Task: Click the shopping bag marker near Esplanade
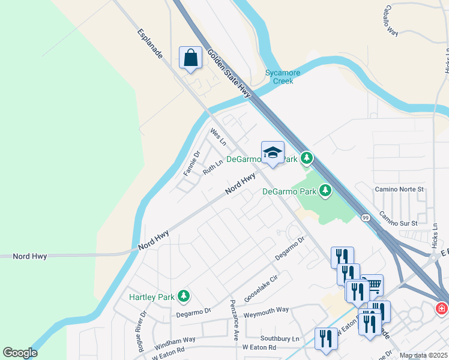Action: coord(190,59)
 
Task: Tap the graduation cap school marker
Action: coord(273,152)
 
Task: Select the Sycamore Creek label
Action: coord(283,77)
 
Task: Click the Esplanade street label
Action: coord(150,44)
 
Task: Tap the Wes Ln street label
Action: coord(218,137)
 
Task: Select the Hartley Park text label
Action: coord(151,297)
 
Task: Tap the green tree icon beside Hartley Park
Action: coord(184,296)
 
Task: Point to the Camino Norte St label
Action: coord(399,189)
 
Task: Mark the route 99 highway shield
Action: coord(365,218)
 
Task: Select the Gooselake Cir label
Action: coord(262,289)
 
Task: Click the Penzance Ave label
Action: coord(236,319)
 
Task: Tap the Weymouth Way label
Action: coord(266,310)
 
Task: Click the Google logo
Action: coord(20,353)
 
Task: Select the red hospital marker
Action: coord(442,308)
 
